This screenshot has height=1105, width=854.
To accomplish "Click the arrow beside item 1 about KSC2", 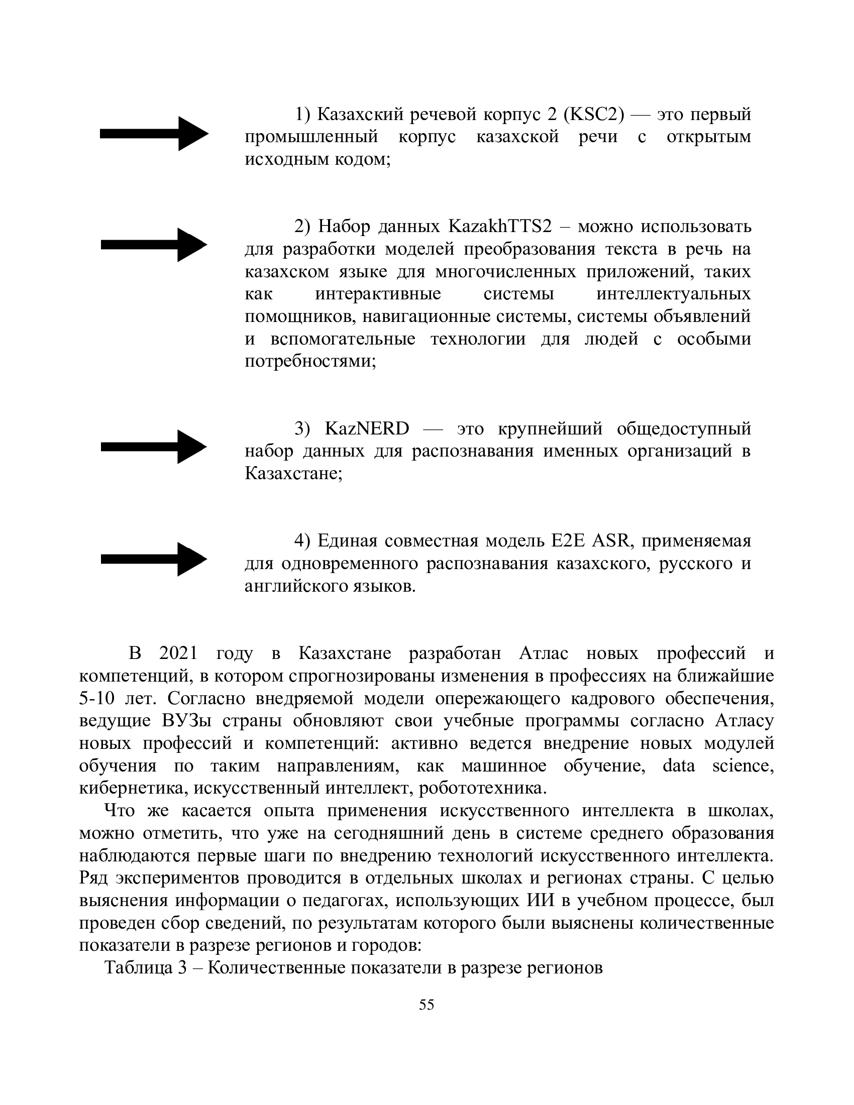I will [x=154, y=134].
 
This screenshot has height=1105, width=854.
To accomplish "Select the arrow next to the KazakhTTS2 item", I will [x=154, y=245].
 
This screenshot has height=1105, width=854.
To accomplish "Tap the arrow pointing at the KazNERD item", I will [x=154, y=447].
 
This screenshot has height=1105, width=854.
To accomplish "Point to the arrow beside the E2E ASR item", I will [x=154, y=559].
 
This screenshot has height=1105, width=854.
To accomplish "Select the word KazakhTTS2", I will [x=500, y=227].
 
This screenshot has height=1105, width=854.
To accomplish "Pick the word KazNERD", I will [x=367, y=428].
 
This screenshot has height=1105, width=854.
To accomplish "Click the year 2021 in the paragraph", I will [x=178, y=653].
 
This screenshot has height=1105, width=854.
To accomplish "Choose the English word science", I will [x=742, y=765].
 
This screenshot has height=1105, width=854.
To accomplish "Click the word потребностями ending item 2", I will [x=309, y=361].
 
